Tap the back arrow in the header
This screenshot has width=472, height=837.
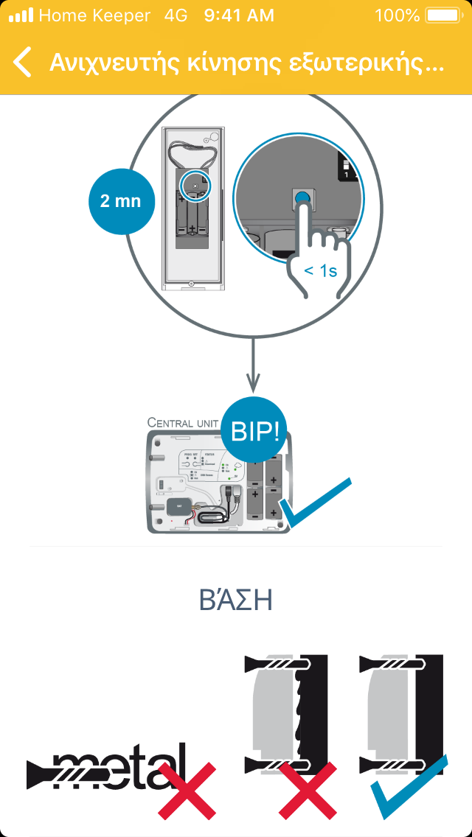(23, 63)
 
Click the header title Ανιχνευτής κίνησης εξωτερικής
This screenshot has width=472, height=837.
(246, 63)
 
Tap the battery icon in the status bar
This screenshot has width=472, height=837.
(442, 15)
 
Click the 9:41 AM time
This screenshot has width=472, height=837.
(239, 15)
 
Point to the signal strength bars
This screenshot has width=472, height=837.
(21, 15)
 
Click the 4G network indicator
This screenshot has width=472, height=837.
(176, 15)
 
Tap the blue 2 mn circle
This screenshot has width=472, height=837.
(119, 200)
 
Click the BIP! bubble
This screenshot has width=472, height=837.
(255, 432)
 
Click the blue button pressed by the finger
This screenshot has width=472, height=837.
(302, 197)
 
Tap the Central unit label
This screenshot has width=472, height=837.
(183, 422)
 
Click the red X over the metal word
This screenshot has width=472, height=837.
(187, 790)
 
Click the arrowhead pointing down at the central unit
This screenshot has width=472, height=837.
(253, 385)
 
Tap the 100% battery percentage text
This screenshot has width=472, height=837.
(397, 15)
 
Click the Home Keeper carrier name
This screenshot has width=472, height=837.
(94, 15)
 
